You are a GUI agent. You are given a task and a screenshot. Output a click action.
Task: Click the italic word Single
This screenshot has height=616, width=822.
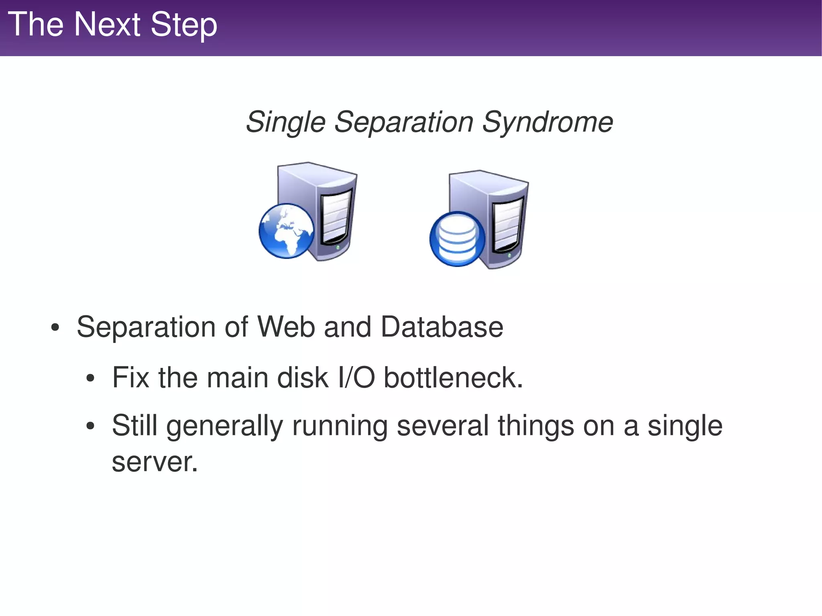[x=285, y=122]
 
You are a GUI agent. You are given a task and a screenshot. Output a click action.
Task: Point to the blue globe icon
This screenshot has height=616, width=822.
[x=287, y=231]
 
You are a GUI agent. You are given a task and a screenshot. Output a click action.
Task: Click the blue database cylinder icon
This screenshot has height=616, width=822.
[x=457, y=238]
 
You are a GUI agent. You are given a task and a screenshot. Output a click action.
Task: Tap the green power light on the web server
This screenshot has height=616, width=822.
[x=338, y=247]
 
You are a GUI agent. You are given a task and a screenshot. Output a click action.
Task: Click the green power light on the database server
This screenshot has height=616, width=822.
[x=509, y=255]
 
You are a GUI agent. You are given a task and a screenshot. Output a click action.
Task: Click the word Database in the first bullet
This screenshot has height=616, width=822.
[x=442, y=327]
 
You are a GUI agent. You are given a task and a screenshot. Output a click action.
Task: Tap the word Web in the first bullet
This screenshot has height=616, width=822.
[x=286, y=327]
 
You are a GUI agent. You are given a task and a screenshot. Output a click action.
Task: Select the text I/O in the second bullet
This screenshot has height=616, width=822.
[x=356, y=378]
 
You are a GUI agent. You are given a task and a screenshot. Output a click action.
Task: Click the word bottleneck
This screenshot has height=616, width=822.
[x=453, y=378]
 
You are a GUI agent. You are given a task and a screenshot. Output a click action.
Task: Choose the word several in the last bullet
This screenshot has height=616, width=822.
[x=442, y=426]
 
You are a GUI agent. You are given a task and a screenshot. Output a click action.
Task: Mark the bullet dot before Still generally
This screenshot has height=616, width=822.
[x=90, y=427]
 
